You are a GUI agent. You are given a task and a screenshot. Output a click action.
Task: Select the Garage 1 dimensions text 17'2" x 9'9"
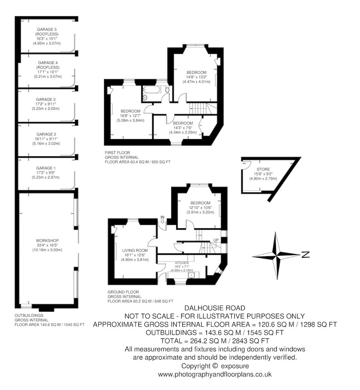(x=47, y=173)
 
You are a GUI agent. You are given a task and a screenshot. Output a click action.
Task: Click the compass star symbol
(x=277, y=255)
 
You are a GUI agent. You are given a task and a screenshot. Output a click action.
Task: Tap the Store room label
(x=264, y=169)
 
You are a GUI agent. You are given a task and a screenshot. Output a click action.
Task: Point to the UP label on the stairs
(x=216, y=240)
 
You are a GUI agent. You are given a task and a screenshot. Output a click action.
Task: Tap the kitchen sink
(x=191, y=275)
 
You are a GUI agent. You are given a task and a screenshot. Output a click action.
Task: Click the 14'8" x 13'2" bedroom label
(x=196, y=72)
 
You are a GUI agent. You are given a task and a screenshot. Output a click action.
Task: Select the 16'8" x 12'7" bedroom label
(x=130, y=111)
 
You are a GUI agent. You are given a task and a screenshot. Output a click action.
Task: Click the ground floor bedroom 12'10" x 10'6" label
(x=200, y=203)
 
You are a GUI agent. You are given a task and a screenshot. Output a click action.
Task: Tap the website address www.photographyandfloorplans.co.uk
(x=215, y=374)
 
